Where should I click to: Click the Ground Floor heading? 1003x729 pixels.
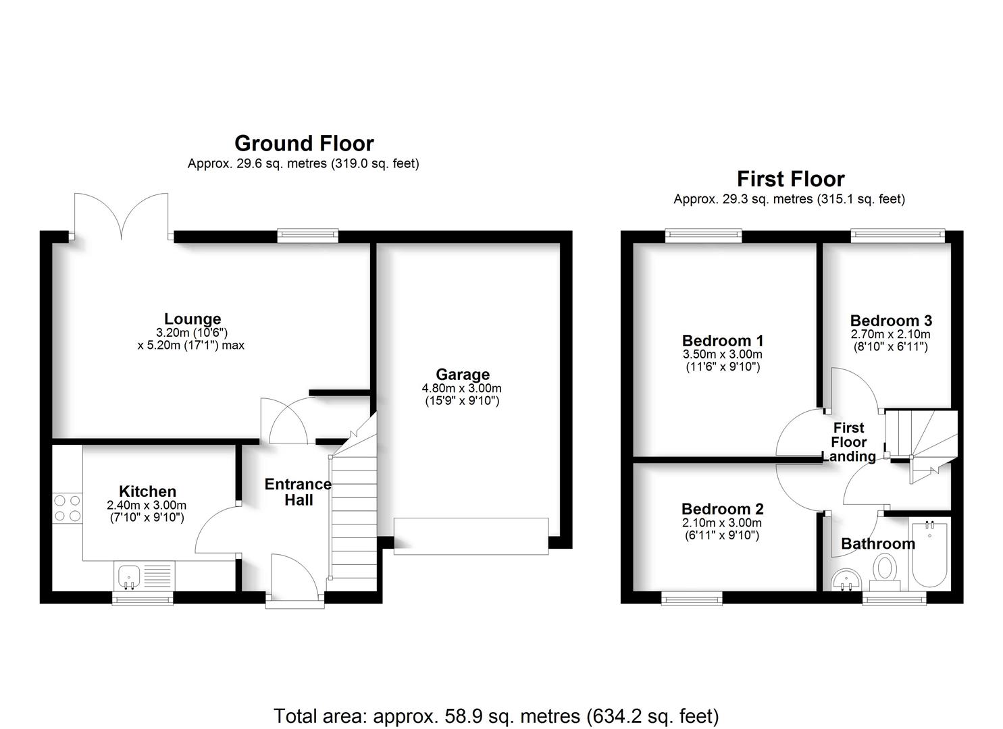pyautogui.click(x=304, y=143)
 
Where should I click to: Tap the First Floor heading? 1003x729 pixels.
pyautogui.click(x=790, y=179)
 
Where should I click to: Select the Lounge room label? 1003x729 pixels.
pyautogui.click(x=192, y=319)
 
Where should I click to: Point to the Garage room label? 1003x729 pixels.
pyautogui.click(x=463, y=375)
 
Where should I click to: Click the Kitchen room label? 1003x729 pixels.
pyautogui.click(x=147, y=491)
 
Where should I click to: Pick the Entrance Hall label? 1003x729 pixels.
pyautogui.click(x=298, y=492)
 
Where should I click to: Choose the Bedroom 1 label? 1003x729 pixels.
pyautogui.click(x=722, y=341)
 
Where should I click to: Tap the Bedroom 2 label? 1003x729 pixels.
pyautogui.click(x=722, y=509)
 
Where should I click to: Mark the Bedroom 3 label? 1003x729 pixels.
pyautogui.click(x=890, y=321)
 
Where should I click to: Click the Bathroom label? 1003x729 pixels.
pyautogui.click(x=878, y=543)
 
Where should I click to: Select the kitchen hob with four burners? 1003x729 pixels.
pyautogui.click(x=67, y=508)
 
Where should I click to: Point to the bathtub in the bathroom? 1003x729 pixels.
pyautogui.click(x=929, y=553)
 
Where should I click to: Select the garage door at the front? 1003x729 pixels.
pyautogui.click(x=471, y=536)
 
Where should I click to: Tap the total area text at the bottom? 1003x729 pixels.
pyautogui.click(x=496, y=715)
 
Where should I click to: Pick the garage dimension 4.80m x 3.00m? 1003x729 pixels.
pyautogui.click(x=462, y=388)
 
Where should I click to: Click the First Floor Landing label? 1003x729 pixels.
pyautogui.click(x=848, y=442)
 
